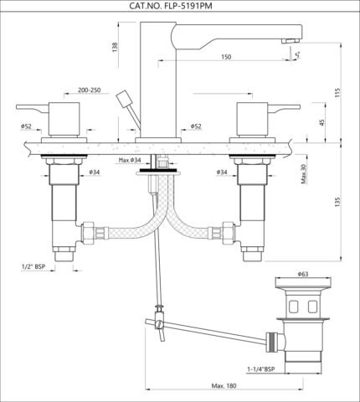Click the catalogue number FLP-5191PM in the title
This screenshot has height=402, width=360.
[x=187, y=6]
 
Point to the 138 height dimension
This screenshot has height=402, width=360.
[x=115, y=47]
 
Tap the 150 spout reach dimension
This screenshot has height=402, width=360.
[x=226, y=57]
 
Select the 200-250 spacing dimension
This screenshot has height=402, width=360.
[x=90, y=90]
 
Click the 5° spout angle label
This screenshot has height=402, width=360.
[x=297, y=55]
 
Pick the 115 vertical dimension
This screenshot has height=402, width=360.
[x=338, y=92]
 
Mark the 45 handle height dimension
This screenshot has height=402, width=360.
[x=322, y=122]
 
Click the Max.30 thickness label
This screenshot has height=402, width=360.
[x=304, y=173]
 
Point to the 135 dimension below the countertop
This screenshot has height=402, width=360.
[x=338, y=202]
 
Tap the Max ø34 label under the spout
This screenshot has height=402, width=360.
[x=130, y=160]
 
